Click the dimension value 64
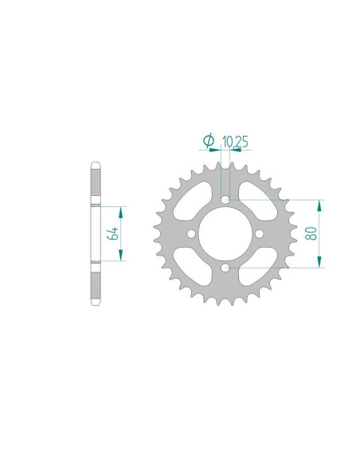114,233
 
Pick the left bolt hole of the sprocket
190,233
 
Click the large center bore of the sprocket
225,233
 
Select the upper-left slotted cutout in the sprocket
192,200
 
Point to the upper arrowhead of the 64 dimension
121,209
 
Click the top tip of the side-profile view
95,165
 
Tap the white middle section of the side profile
95,233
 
